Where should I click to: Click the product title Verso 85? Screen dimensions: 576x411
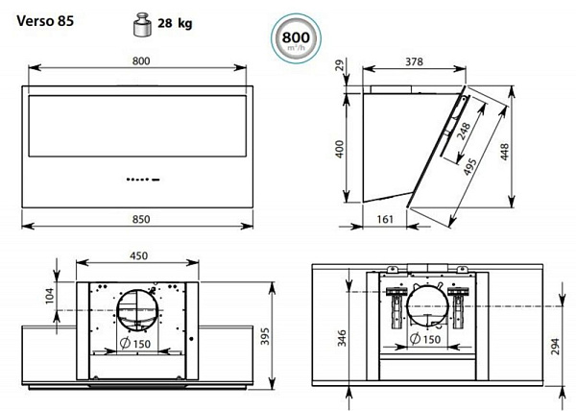tap(45, 21)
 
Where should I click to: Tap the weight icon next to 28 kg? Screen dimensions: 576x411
tap(142, 24)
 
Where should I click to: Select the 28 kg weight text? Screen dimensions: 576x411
tap(175, 23)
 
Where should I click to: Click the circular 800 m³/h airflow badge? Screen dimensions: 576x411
tap(296, 38)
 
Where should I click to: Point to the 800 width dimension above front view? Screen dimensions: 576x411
tap(141, 60)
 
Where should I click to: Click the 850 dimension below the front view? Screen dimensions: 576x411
tap(141, 219)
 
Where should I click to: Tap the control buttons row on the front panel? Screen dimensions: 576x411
tap(143, 180)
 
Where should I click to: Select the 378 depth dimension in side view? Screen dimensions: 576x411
tap(414, 61)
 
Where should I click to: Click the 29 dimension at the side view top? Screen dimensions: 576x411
tap(341, 65)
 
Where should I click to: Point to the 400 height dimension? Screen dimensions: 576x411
tap(340, 149)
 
